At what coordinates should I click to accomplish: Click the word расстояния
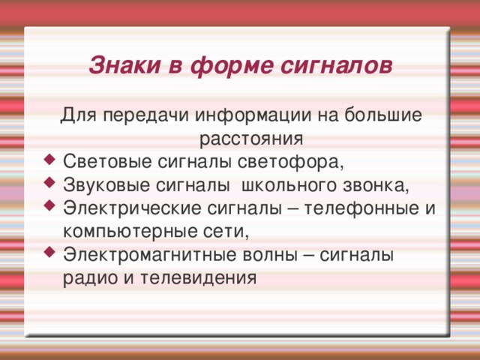coord(251,139)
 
